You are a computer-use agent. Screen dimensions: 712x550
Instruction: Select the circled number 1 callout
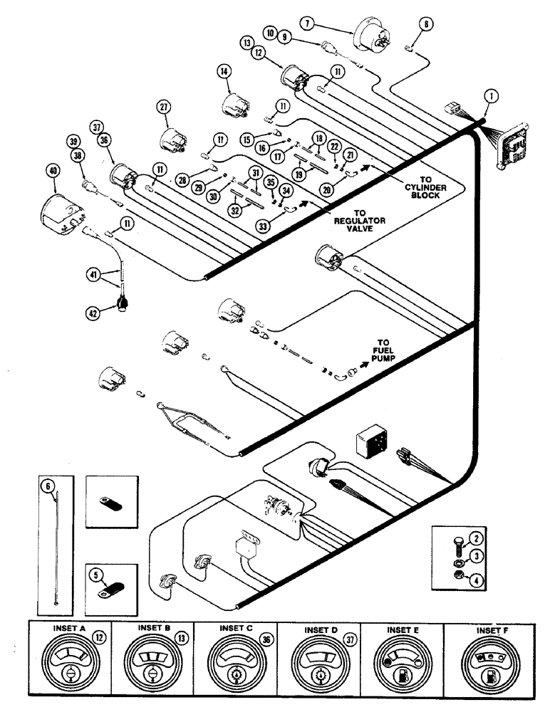pyautogui.click(x=489, y=94)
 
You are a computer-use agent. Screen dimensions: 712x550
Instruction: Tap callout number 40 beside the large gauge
pyautogui.click(x=51, y=171)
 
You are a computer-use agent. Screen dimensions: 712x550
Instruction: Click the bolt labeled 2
pyautogui.click(x=456, y=538)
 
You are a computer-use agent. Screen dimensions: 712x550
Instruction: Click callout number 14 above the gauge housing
pyautogui.click(x=224, y=70)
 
